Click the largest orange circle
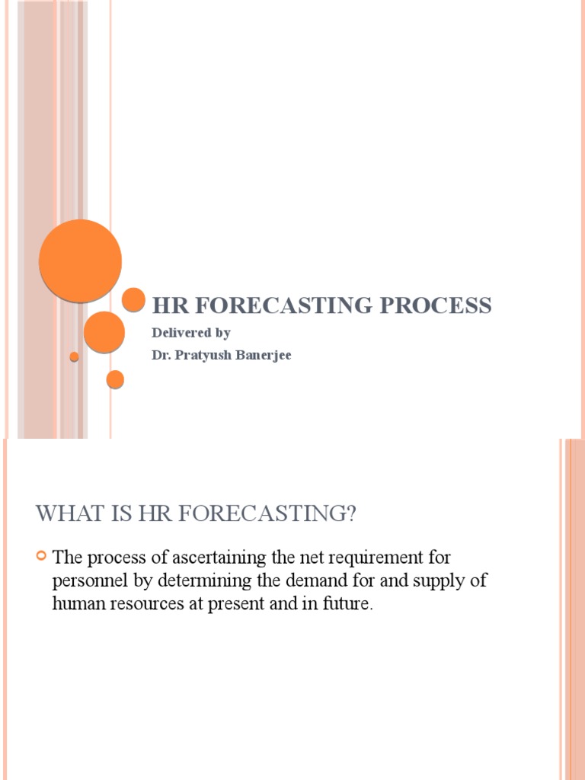coord(80,260)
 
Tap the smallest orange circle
coord(74,356)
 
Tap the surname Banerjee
coord(264,355)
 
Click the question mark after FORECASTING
coord(350,514)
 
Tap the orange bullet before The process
coord(42,558)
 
